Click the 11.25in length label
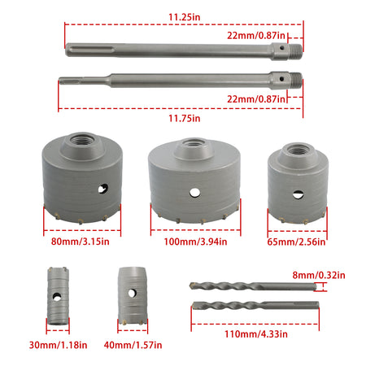click(185, 17)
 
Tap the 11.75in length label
click(185, 118)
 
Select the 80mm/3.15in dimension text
click(81, 242)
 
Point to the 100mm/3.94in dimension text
click(195, 242)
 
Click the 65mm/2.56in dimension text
click(296, 242)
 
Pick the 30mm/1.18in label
click(59, 345)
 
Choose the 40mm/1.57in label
click(133, 345)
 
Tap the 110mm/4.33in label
click(256, 333)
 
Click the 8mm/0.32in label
click(319, 275)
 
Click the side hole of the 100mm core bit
click(194, 192)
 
